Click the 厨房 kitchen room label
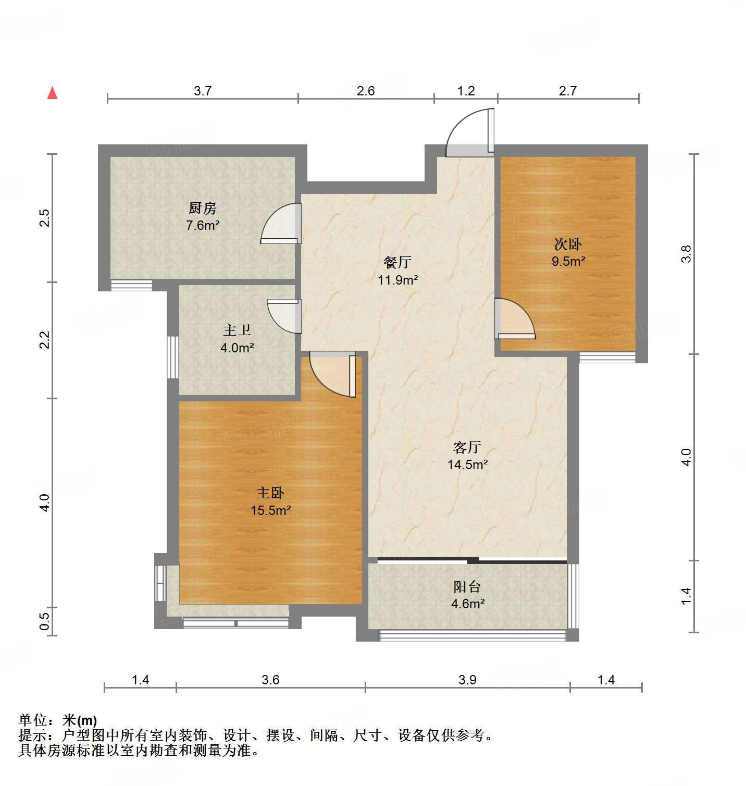(x=202, y=208)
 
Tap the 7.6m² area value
(x=203, y=226)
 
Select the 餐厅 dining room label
(x=397, y=262)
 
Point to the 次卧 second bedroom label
(x=568, y=244)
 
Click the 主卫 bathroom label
(x=237, y=330)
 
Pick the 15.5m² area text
(x=271, y=510)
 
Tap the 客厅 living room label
(x=467, y=447)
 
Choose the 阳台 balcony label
(x=467, y=587)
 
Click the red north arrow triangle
(x=52, y=93)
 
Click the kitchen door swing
(x=280, y=223)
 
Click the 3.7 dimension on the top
(x=203, y=91)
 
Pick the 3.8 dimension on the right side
(x=686, y=254)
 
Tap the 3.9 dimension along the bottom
(x=467, y=680)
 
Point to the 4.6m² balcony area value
(x=468, y=604)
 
